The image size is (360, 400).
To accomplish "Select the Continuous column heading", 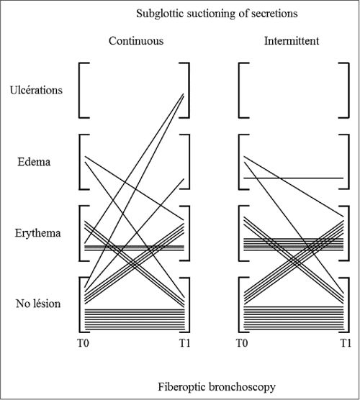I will pyautogui.click(x=135, y=41).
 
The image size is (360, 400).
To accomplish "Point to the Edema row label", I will pyautogui.click(x=34, y=161).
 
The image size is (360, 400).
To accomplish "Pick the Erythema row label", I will pyautogui.click(x=38, y=233).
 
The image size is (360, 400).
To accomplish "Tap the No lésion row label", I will pyautogui.click(x=38, y=304).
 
